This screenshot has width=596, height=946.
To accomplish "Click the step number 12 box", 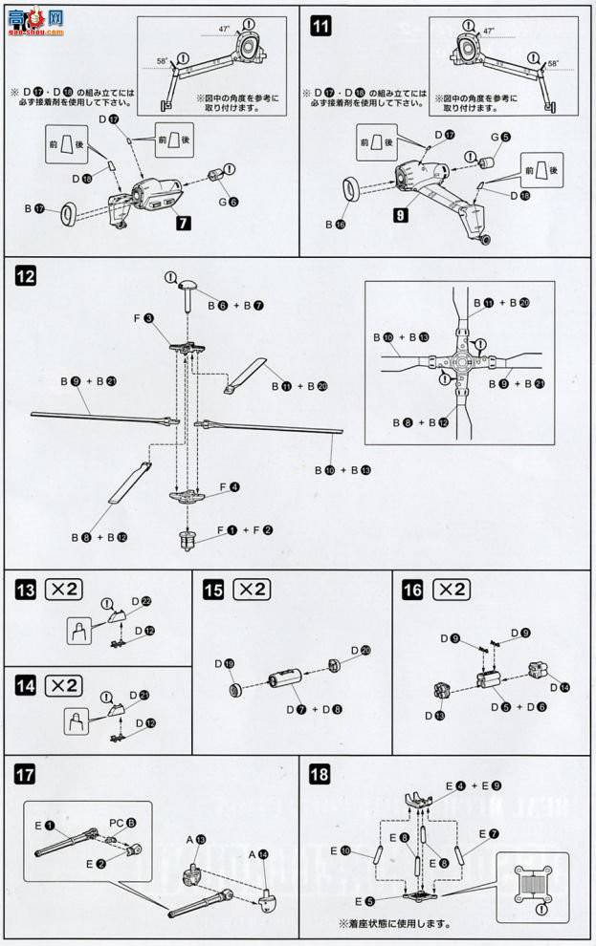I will (26, 277).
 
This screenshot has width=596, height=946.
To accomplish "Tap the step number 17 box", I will (26, 772).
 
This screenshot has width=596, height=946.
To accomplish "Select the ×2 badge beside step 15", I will (254, 590).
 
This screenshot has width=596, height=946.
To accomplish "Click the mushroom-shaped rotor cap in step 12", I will (188, 284).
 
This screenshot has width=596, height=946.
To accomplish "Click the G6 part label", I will (228, 203).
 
